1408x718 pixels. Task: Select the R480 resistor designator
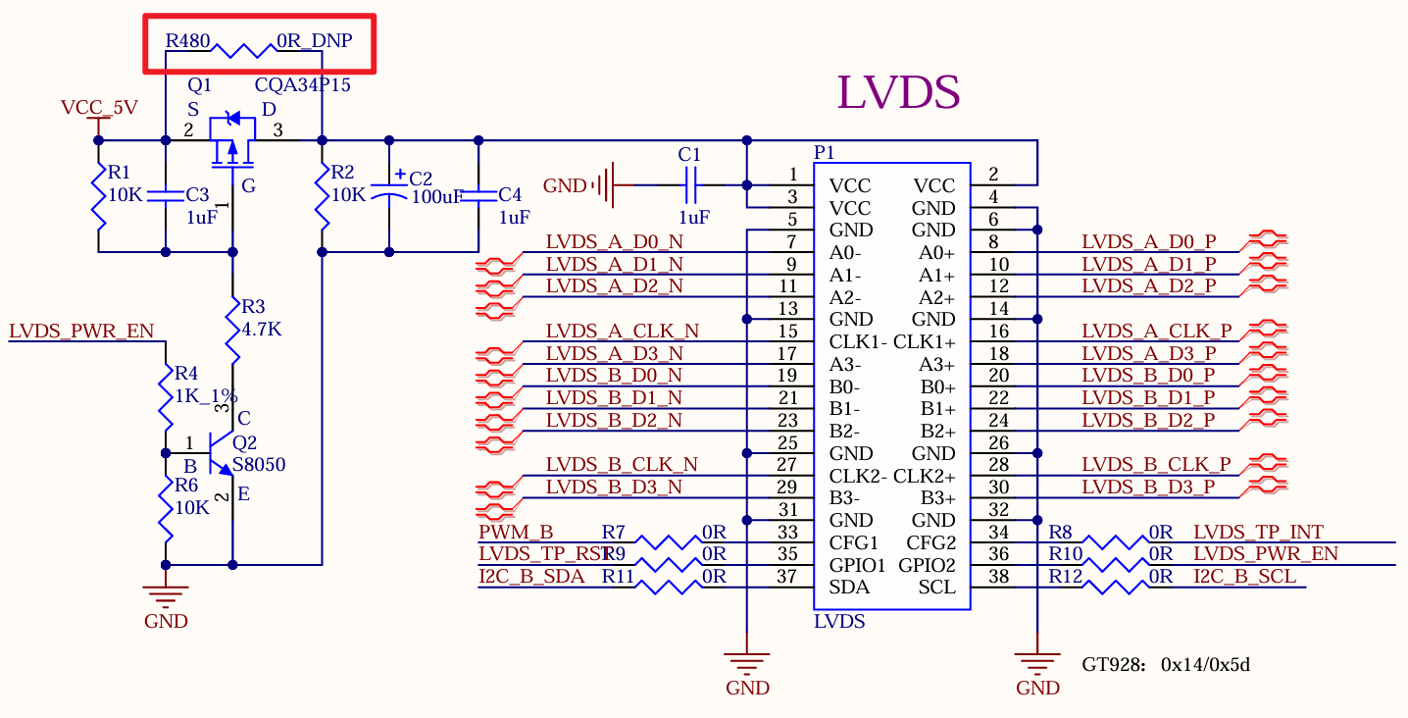[x=186, y=41]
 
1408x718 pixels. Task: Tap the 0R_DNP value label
[x=314, y=41]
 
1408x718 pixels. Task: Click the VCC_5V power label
[x=99, y=107]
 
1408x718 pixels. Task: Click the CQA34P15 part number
[x=302, y=85]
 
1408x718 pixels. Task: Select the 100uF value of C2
[x=437, y=196]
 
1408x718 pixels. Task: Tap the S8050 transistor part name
[x=259, y=465]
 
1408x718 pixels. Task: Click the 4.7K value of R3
[x=262, y=330]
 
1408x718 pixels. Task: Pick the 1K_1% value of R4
[x=205, y=396]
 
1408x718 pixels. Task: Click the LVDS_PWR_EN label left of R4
[x=81, y=331]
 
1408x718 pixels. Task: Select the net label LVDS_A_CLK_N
[x=623, y=331]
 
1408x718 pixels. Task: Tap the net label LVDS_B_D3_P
[x=1148, y=487]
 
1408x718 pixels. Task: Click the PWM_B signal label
[x=516, y=533]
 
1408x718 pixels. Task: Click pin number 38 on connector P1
[x=998, y=578]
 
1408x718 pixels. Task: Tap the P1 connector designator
[x=825, y=153]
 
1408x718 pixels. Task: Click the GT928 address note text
[x=1166, y=665]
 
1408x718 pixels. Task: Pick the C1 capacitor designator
[x=689, y=154]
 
